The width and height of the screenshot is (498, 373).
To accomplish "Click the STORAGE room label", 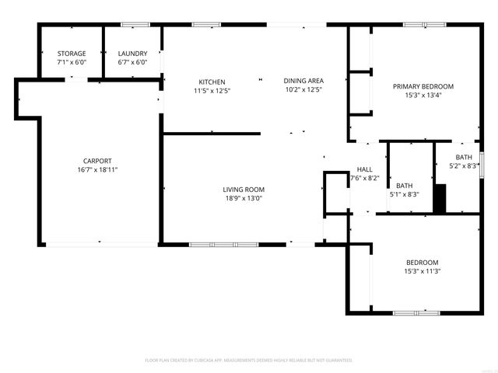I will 72,54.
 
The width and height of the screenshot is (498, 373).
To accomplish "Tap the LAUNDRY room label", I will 132,54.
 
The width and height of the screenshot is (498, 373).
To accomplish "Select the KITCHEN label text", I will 212,82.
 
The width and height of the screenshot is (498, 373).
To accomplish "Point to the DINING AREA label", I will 303,81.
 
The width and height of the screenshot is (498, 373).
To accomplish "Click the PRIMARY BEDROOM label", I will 423,86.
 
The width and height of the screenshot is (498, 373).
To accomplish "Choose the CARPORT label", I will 98,161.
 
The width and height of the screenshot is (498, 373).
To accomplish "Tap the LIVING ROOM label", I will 244,190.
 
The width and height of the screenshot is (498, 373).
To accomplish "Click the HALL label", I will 364,169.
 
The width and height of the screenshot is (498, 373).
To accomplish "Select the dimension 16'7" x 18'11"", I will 98,169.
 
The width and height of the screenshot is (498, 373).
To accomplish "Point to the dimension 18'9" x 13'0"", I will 244,198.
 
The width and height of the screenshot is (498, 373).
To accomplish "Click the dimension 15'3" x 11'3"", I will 423,271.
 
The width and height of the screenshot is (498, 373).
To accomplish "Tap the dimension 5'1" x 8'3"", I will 404,194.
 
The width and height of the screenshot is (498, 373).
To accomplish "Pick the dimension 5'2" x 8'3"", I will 465,166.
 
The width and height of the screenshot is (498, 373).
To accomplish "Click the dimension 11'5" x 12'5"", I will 212,90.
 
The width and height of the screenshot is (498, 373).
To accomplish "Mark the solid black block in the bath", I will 440,198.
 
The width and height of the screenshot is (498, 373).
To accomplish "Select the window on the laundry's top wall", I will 133,26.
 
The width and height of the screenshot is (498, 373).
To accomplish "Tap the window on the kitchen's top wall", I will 206,25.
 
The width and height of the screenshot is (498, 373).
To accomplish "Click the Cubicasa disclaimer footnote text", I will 249,361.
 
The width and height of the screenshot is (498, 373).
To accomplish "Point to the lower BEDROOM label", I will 423,263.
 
